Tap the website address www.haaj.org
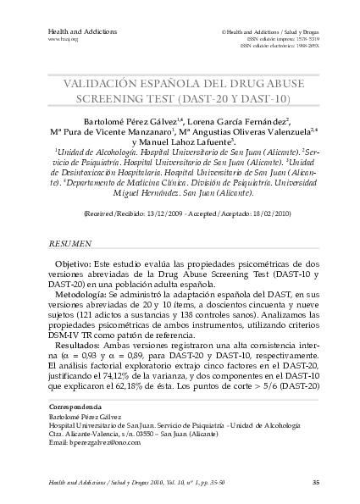pos(63,39)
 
